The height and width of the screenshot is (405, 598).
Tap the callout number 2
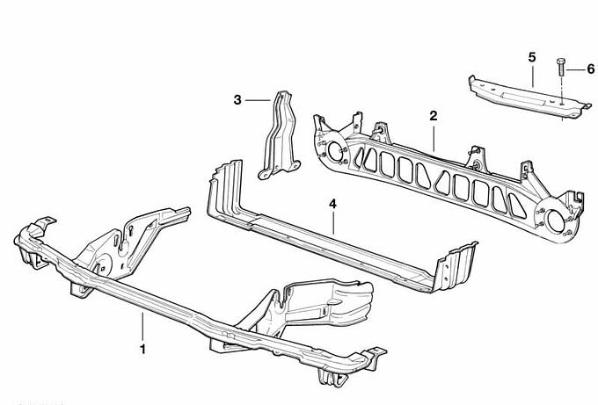[x=433, y=116]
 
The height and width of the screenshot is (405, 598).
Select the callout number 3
[x=237, y=100]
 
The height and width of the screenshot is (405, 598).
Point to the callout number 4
[x=332, y=204]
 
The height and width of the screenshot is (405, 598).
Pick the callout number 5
[x=532, y=57]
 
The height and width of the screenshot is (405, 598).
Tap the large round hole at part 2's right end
[x=558, y=222]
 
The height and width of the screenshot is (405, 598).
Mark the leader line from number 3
[x=258, y=100]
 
